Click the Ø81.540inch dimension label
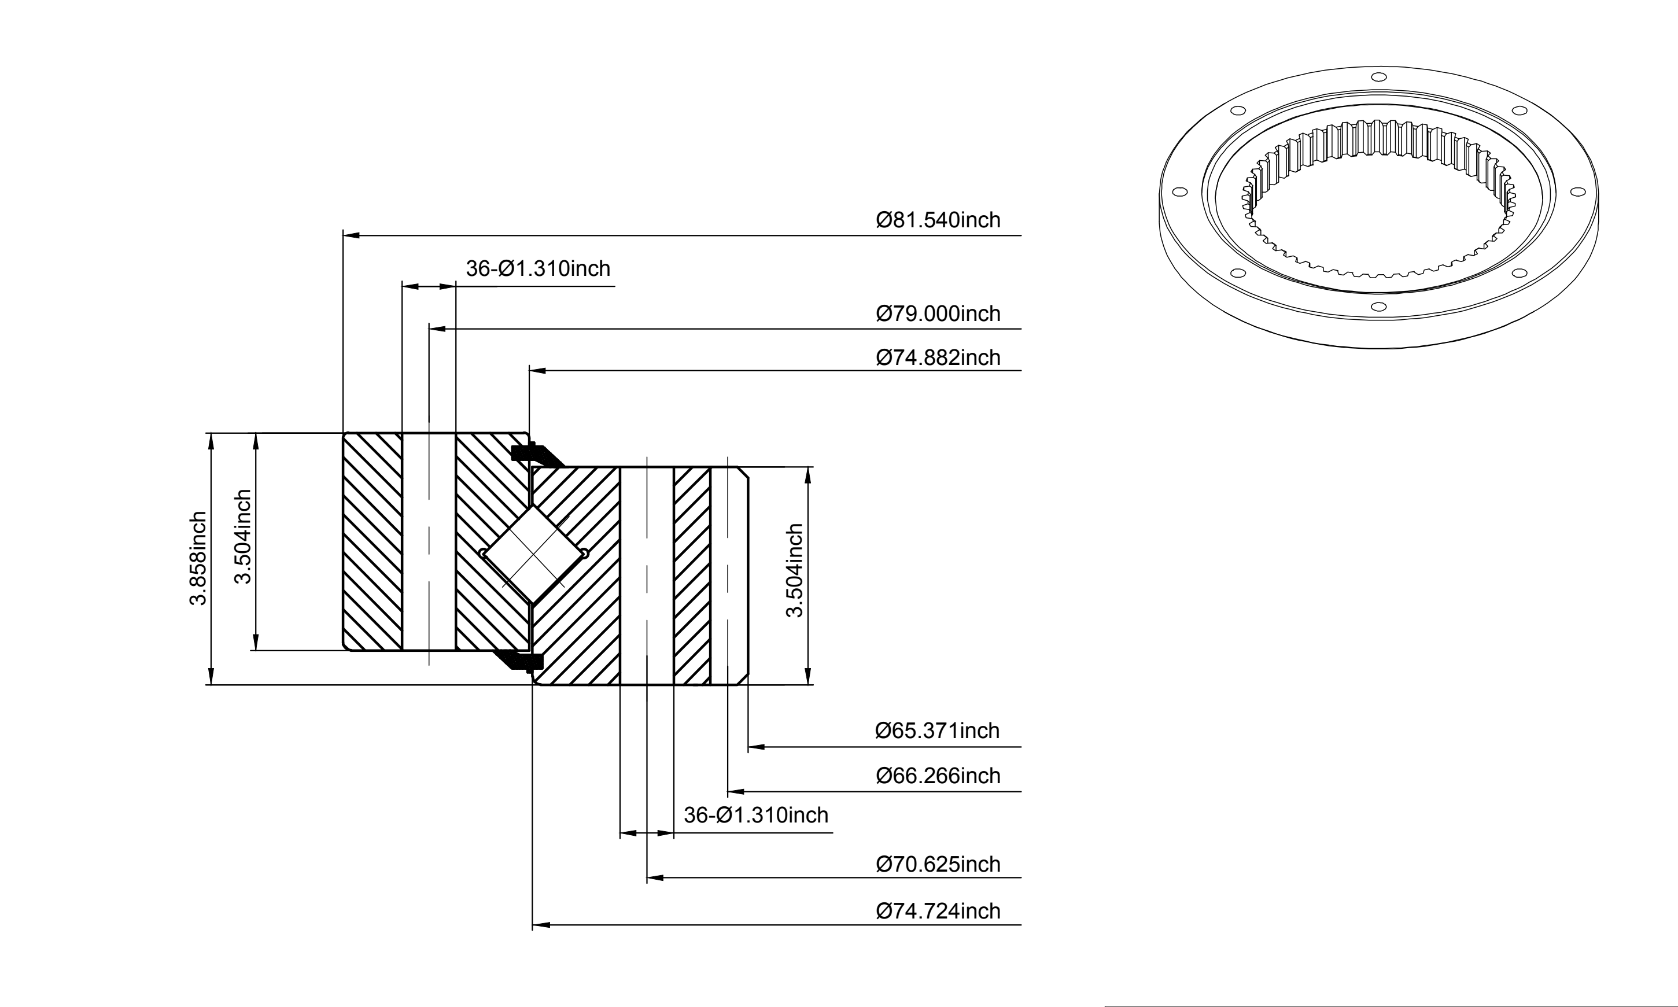938,220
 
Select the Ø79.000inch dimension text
938,313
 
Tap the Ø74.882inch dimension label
938,357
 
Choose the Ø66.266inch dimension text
938,775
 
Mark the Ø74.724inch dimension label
938,910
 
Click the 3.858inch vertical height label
197,559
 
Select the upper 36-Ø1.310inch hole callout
538,269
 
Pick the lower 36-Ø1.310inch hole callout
756,814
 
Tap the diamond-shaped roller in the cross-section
533,554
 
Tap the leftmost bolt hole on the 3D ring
1179,192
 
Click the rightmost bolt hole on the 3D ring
1576,192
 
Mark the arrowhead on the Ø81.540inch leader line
351,235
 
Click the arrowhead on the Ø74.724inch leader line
540,924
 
